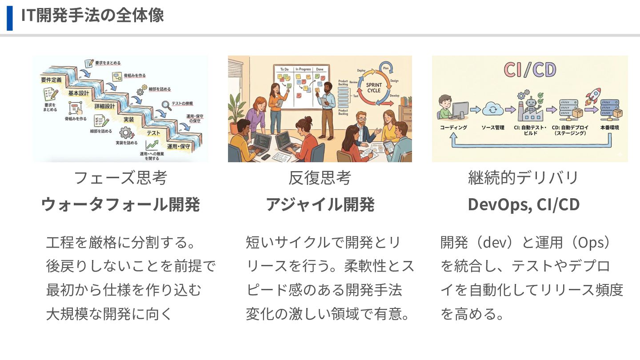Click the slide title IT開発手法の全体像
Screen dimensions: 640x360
pos(92,16)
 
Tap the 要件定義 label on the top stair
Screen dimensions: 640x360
pos(52,80)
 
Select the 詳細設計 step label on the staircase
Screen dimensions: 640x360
pos(105,107)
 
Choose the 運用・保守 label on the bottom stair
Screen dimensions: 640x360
pos(179,146)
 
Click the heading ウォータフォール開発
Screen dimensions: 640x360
pos(120,205)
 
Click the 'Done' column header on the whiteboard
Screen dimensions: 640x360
pos(320,69)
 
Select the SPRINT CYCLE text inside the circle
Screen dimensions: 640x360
pos(374,87)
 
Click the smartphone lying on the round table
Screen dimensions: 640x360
pos(265,156)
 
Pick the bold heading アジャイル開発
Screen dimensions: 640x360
pos(320,205)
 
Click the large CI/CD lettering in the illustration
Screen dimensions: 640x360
pos(530,71)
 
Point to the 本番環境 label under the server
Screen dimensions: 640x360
pos(609,128)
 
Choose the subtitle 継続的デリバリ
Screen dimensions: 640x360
pos(524,178)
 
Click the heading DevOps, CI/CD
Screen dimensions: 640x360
pos(524,205)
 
